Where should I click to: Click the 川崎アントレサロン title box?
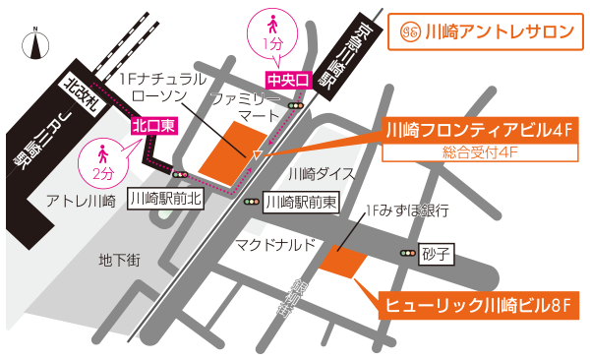pyautogui.click(x=484, y=31)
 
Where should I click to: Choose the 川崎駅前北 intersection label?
pyautogui.click(x=165, y=199)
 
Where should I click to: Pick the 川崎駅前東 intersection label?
pyautogui.click(x=302, y=203)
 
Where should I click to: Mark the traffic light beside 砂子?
pyautogui.click(x=407, y=254)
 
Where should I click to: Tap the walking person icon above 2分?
pyautogui.click(x=102, y=153)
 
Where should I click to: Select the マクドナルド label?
pyautogui.click(x=275, y=244)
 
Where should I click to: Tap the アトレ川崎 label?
pyautogui.click(x=82, y=201)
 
